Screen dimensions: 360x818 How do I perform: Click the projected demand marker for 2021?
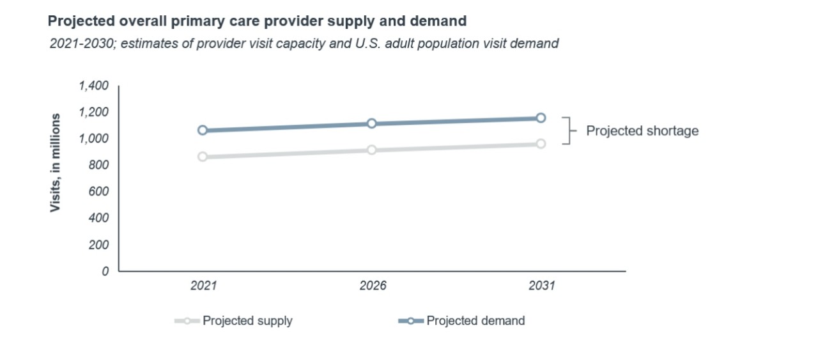(203, 130)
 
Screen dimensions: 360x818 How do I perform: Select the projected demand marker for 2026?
(371, 123)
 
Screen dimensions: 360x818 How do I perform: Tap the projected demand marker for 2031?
(541, 118)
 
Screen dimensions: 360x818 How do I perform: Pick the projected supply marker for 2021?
(203, 157)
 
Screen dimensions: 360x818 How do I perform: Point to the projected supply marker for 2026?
(371, 150)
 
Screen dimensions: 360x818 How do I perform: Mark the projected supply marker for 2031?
(541, 144)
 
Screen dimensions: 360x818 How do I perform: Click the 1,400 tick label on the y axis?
(93, 86)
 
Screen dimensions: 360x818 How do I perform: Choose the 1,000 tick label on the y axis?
(93, 139)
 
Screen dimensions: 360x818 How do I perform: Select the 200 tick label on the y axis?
(99, 244)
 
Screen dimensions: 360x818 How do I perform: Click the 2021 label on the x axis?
(203, 286)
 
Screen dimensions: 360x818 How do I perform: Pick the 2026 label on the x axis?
(373, 286)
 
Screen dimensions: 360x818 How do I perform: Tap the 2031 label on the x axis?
(541, 286)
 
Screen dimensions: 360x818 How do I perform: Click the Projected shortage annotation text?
(642, 131)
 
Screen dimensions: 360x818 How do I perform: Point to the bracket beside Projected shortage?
(566, 130)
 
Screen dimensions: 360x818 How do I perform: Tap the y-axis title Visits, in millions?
(56, 163)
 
